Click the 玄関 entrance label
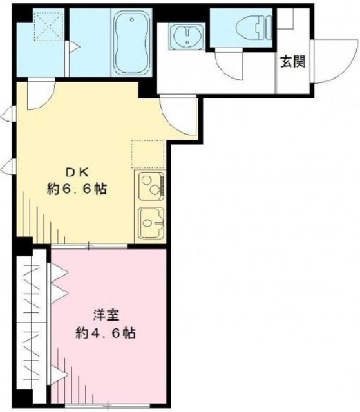click(x=292, y=62)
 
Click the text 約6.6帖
click(x=76, y=189)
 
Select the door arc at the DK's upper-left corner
click(x=35, y=97)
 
